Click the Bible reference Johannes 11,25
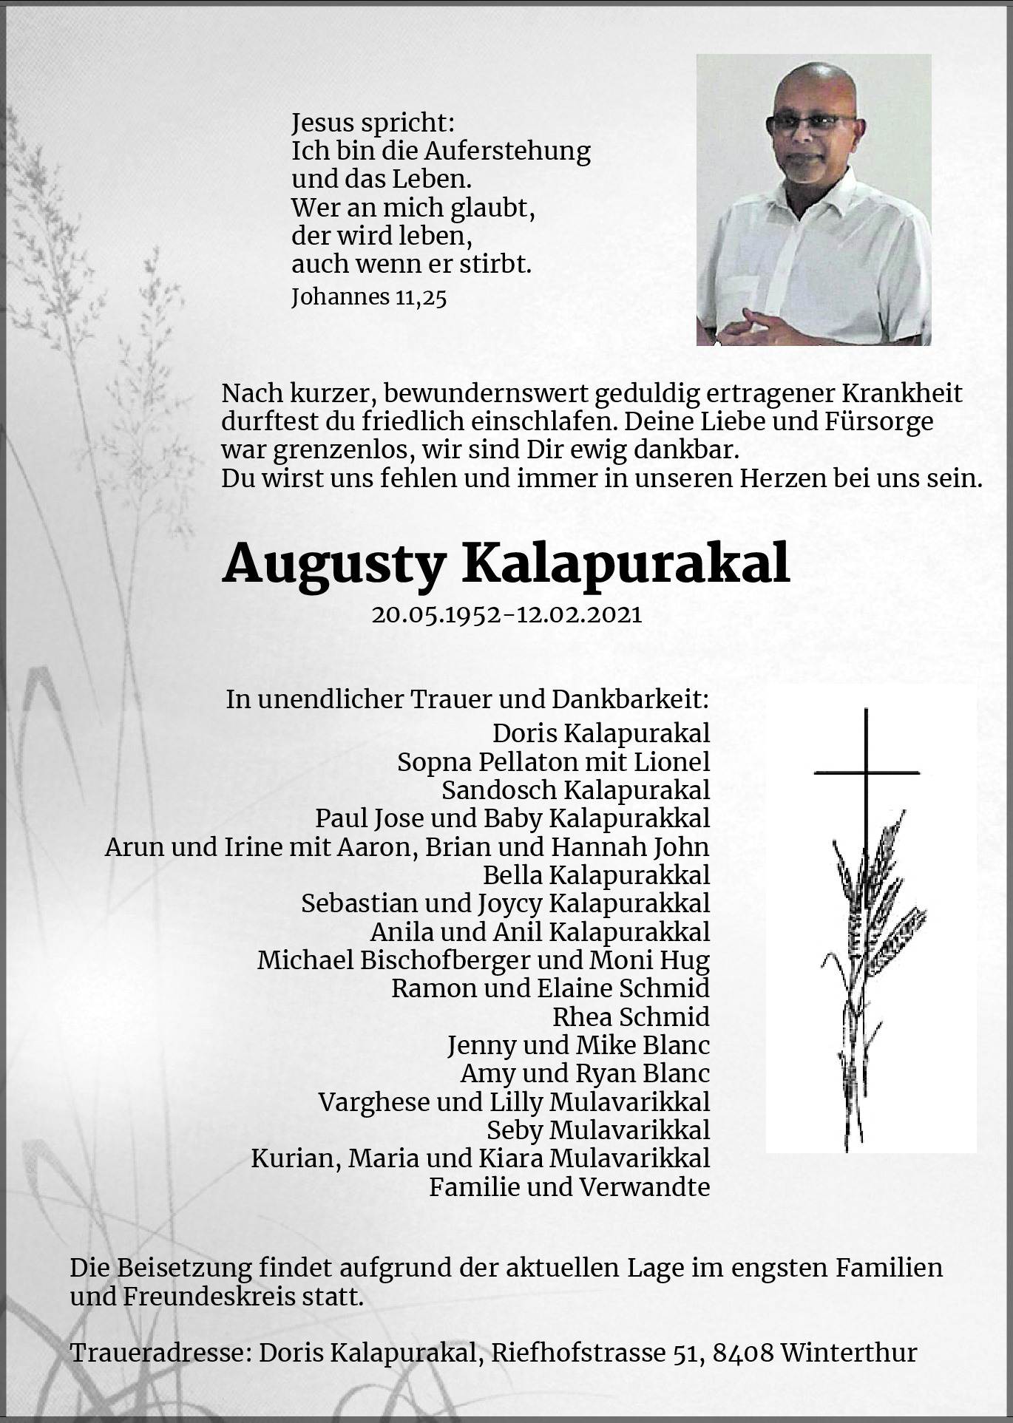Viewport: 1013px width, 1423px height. pos(369,297)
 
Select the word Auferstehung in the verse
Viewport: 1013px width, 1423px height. pos(506,151)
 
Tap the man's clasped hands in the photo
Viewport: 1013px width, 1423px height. pos(762,326)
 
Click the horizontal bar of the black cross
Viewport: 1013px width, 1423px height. pos(867,773)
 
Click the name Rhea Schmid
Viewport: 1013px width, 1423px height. pos(631,1017)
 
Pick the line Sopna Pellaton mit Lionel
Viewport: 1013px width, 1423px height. pos(553,762)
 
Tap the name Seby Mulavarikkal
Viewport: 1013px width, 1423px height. pos(597,1130)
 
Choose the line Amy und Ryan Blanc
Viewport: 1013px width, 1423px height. pos(584,1073)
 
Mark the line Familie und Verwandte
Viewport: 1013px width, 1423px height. pos(569,1187)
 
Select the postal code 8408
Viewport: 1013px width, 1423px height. pos(744,1353)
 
